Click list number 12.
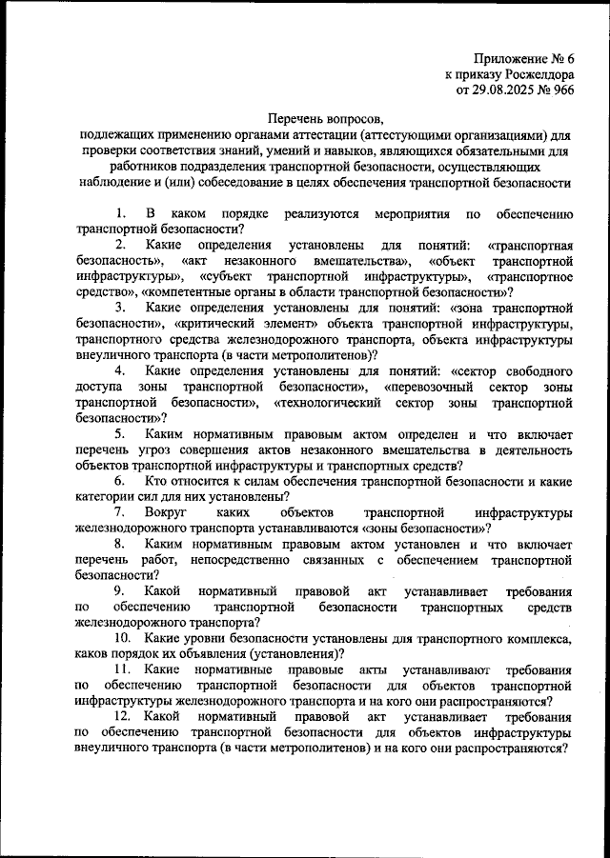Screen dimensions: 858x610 [123, 714]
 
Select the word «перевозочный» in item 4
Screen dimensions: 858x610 [432, 385]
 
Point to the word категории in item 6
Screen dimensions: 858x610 [108, 497]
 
